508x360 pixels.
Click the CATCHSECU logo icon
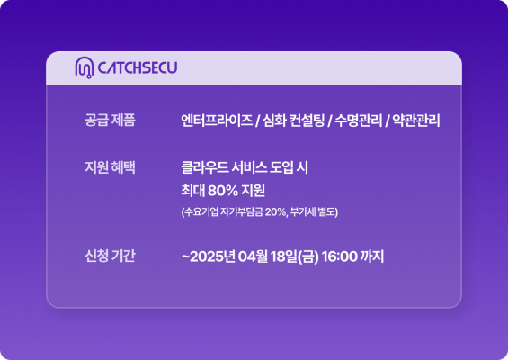click(x=85, y=67)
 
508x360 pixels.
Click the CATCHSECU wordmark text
click(x=138, y=67)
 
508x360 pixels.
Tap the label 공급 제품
click(x=110, y=120)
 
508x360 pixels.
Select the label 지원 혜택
click(x=110, y=167)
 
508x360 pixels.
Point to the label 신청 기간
click(x=110, y=256)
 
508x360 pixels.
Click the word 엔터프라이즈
click(x=217, y=121)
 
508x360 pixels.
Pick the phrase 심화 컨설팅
click(x=293, y=121)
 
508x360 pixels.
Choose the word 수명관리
click(x=359, y=121)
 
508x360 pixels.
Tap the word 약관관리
click(x=416, y=121)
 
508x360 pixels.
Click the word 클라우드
click(x=205, y=167)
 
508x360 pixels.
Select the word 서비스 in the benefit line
click(x=249, y=167)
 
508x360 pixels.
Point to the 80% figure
click(x=223, y=191)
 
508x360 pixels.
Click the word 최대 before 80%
click(x=192, y=191)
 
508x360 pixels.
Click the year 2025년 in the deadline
click(x=212, y=256)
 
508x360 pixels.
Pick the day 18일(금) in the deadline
click(x=295, y=256)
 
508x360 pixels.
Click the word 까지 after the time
click(x=372, y=256)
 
